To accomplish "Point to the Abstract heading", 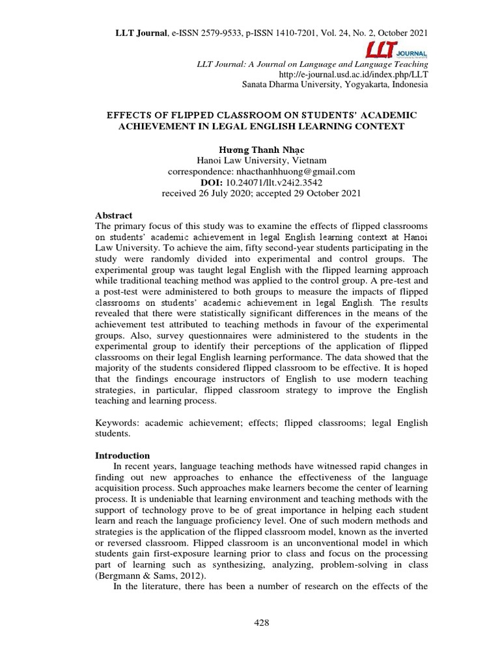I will pyautogui.click(x=114, y=215).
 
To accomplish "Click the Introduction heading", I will pyautogui.click(x=123, y=455).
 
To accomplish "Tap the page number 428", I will pyautogui.click(x=261, y=622).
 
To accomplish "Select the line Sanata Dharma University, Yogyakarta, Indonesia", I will pyautogui.click(x=335, y=85).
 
